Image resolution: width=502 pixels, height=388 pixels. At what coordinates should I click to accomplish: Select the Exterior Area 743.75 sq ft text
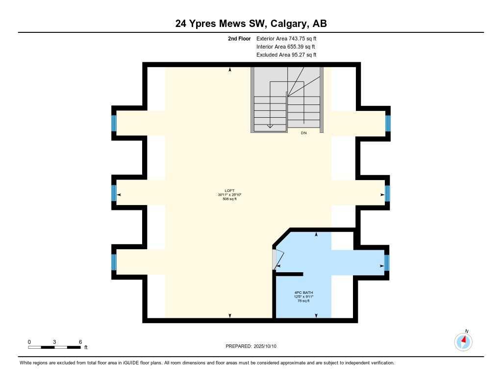tap(287, 38)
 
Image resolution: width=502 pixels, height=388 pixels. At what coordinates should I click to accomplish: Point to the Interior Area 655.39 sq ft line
tap(286, 47)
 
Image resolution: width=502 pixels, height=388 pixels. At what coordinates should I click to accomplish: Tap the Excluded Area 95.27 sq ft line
tap(286, 55)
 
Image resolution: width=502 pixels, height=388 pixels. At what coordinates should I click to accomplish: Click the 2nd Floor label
tap(239, 38)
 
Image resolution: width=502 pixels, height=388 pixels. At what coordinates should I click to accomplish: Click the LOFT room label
tap(229, 191)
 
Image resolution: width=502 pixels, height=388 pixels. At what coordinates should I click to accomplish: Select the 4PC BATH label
tap(303, 292)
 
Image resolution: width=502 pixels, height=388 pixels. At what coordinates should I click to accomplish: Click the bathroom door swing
tap(278, 259)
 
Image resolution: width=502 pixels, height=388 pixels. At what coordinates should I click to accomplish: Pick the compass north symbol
tap(463, 340)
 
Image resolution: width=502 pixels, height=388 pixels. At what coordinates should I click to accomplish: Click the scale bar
tap(54, 347)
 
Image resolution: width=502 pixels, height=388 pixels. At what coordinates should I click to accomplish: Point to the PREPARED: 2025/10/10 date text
tap(251, 346)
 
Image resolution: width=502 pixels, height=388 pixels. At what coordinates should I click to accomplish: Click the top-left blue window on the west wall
tap(114, 123)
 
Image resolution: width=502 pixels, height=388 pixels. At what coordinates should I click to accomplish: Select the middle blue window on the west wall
tap(114, 193)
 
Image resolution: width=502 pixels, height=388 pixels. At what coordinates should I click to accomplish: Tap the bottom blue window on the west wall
tap(114, 262)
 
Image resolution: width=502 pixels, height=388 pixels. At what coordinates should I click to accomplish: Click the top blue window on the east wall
tap(388, 123)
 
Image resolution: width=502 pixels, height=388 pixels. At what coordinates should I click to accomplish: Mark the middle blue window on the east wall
tap(387, 193)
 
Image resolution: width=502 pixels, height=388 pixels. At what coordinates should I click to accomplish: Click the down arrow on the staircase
tap(270, 126)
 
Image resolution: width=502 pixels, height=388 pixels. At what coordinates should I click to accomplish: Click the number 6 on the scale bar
tap(80, 342)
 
